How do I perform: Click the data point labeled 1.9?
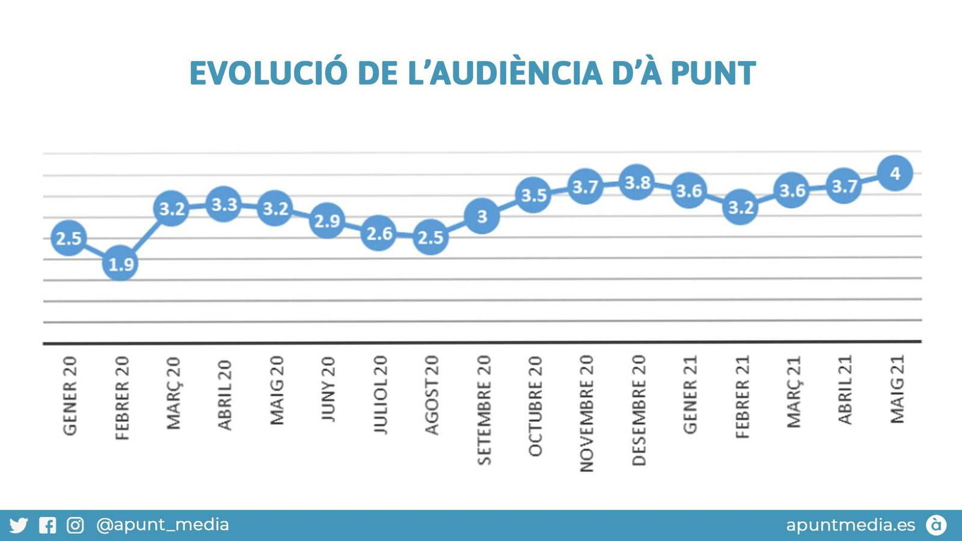120,263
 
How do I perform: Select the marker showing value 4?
895,173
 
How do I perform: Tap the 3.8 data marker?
637,182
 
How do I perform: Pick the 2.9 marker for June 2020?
327,221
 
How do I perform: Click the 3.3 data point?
224,204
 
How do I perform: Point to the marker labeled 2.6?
379,233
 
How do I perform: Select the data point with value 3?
482,216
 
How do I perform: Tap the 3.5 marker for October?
533,195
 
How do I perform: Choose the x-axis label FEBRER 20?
122,397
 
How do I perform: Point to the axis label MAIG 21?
897,389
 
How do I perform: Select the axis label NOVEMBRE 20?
587,413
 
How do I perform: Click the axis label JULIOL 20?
381,394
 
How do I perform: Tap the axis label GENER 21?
690,394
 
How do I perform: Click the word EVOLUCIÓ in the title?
268,73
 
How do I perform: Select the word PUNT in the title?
712,73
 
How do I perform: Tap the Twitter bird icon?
19,525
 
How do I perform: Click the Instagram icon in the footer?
75,525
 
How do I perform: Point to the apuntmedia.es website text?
850,525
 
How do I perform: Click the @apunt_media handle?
162,525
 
